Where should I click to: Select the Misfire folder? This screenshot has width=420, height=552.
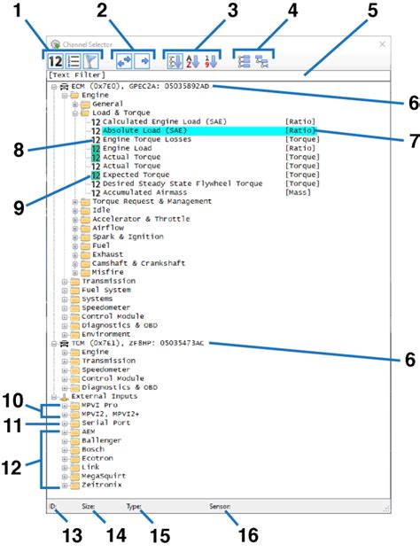(x=109, y=273)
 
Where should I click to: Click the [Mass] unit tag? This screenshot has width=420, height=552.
(x=296, y=193)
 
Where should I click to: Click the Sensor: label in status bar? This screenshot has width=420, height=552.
(x=220, y=508)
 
